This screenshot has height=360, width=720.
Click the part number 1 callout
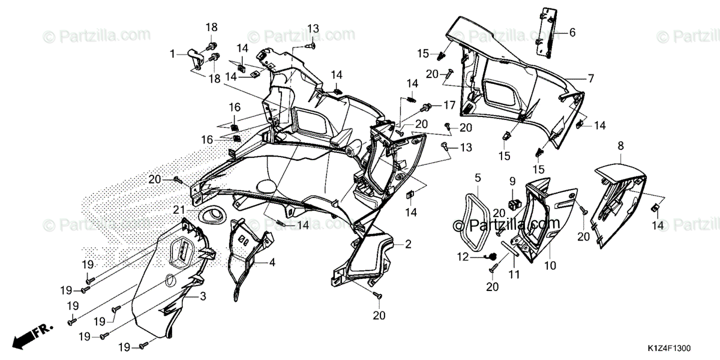(172, 53)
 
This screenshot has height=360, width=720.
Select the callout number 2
(408, 244)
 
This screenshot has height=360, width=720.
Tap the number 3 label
(203, 296)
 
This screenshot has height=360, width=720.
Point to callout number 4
(272, 262)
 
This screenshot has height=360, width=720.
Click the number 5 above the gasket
(478, 178)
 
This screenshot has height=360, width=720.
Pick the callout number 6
(572, 32)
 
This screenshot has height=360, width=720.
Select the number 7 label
(590, 79)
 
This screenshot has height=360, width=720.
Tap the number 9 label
(512, 181)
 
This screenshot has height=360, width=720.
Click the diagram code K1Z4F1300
(672, 347)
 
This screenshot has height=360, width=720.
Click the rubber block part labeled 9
(513, 201)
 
